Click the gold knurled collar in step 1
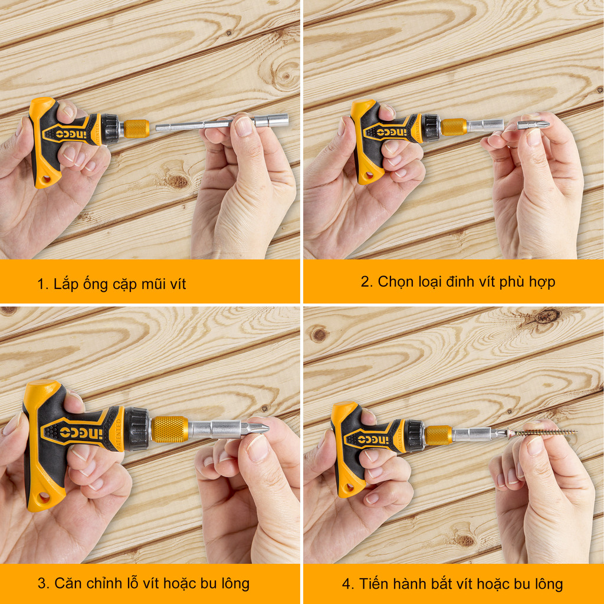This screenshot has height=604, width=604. coord(136,129)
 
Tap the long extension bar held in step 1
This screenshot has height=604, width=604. coord(222,123)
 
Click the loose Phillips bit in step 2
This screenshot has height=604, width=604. coord(533,125)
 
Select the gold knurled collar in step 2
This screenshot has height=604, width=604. coord(454,127)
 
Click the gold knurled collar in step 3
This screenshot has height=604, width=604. coord(169,429)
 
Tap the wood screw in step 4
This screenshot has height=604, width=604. coord(543,432)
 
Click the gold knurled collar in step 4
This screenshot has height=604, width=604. coord(438,435)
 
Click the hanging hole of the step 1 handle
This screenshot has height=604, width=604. coord(46,179)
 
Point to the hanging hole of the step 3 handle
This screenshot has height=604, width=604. coord(44,498)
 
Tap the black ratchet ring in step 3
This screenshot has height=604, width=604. coord(137,429)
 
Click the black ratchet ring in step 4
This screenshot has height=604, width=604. coord(414,436)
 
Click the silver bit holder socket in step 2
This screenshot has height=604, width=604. coord(485,125)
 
